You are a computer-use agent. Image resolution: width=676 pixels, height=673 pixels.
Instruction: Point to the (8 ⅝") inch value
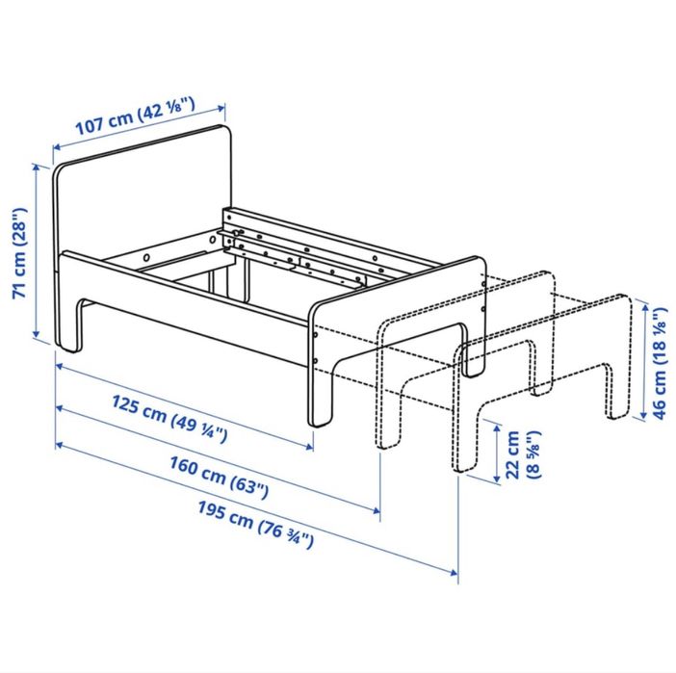point(533,454)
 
